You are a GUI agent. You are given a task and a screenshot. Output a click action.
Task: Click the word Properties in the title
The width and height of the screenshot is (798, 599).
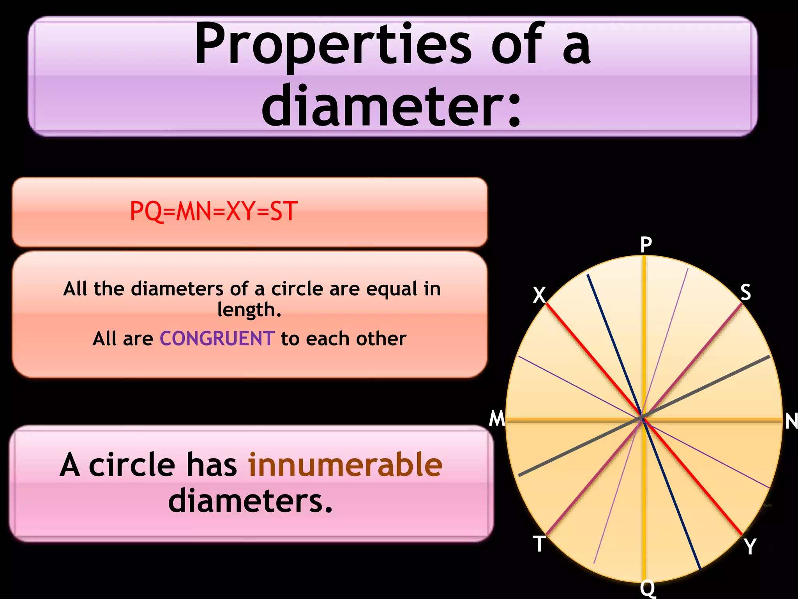333,45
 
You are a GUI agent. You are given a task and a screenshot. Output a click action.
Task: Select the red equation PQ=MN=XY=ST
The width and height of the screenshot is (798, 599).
214,211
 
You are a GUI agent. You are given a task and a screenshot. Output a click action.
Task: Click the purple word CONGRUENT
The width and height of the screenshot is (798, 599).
217,338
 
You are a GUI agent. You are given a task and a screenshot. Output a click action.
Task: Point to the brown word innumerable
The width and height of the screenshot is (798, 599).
345,464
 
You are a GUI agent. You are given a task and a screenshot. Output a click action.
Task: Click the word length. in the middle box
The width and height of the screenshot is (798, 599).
249,310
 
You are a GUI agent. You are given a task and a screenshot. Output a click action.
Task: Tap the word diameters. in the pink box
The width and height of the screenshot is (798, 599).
251,501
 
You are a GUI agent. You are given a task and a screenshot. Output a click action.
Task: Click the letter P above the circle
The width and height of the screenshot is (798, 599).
646,245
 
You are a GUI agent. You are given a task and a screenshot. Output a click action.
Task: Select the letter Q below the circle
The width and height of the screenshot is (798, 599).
648,588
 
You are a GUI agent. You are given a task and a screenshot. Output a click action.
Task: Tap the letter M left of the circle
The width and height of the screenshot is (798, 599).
497,419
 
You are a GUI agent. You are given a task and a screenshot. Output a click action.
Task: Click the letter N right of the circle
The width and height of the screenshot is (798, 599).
791,421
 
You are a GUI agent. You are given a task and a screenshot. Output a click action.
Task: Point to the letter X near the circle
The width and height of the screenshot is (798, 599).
539,295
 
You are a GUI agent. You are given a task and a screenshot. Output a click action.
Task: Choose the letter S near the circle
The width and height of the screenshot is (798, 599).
745,292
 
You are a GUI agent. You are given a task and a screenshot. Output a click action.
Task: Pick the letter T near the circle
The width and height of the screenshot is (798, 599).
539,543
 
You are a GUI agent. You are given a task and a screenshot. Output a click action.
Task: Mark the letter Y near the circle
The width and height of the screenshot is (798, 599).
750,546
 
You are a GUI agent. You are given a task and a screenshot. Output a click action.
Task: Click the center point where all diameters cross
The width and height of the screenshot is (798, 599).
642,418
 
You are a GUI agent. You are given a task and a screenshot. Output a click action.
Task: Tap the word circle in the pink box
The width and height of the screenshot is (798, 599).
132,464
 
